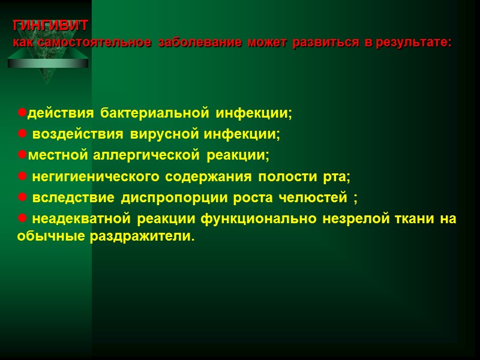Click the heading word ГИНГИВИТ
51,26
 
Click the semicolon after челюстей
356,199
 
